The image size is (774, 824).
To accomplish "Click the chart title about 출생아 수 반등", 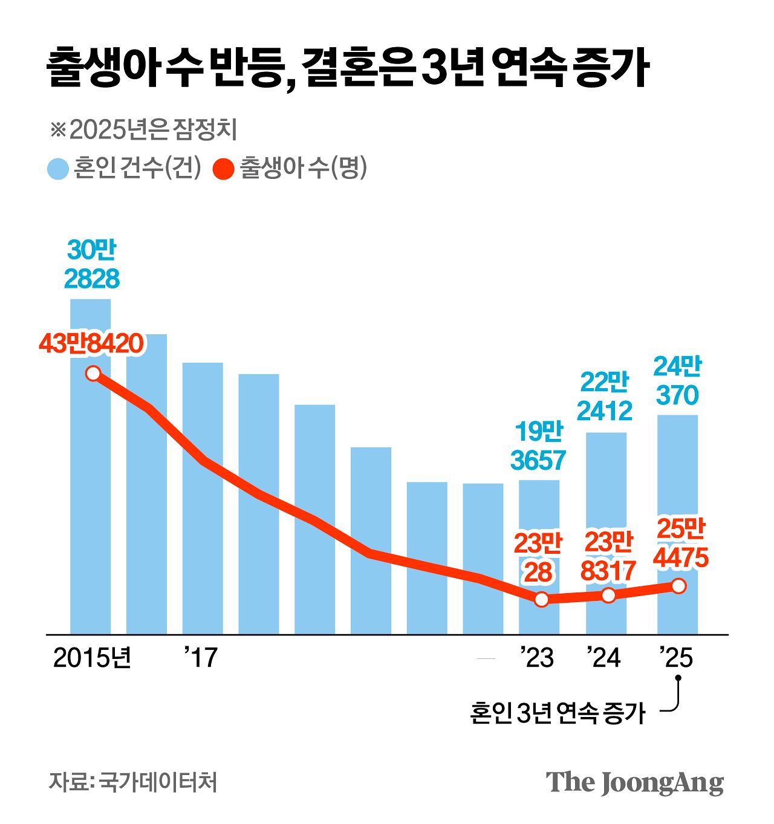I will [348, 68].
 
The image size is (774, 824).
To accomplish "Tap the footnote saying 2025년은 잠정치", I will [143, 129].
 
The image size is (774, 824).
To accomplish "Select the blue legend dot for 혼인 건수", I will [58, 169].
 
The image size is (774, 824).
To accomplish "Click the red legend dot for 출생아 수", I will [224, 169].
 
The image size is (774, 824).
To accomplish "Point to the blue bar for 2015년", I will [91, 496].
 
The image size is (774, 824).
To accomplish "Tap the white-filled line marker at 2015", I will [93, 373].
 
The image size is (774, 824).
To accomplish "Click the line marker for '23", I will [541, 599].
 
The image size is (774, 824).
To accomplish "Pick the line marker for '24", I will [608, 595].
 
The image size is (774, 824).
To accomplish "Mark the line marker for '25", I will [678, 586].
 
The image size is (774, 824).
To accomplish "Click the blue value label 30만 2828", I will [91, 264].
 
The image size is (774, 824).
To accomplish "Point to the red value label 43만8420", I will [91, 343].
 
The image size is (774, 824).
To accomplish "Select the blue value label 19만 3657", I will [538, 446].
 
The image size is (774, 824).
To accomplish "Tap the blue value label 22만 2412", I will [605, 397].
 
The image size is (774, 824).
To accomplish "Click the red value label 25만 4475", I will [681, 543].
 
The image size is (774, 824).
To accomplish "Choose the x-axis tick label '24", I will [604, 658].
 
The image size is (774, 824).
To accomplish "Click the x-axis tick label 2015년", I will [92, 658].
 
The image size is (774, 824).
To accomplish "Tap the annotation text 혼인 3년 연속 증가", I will [558, 713].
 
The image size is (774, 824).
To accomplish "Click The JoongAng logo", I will [634, 783].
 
